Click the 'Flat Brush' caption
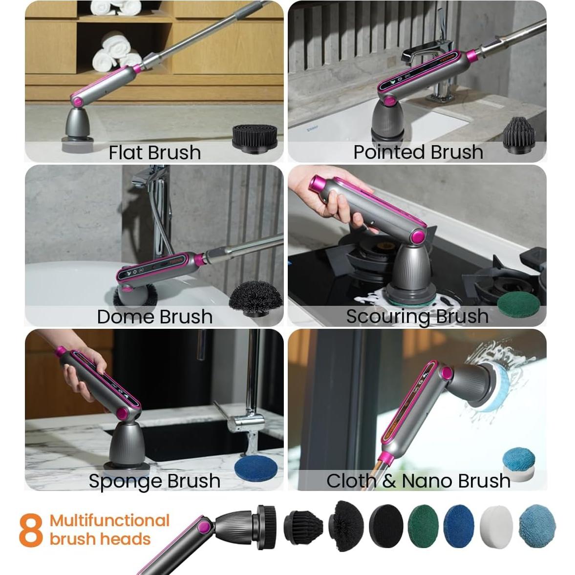154,152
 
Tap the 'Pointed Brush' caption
418,152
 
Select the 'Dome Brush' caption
154,317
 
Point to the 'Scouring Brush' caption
417,316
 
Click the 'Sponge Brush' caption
154,481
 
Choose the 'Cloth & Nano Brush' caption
418,481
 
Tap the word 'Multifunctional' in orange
109,521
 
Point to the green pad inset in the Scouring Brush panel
518,303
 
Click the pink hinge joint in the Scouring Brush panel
418,237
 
